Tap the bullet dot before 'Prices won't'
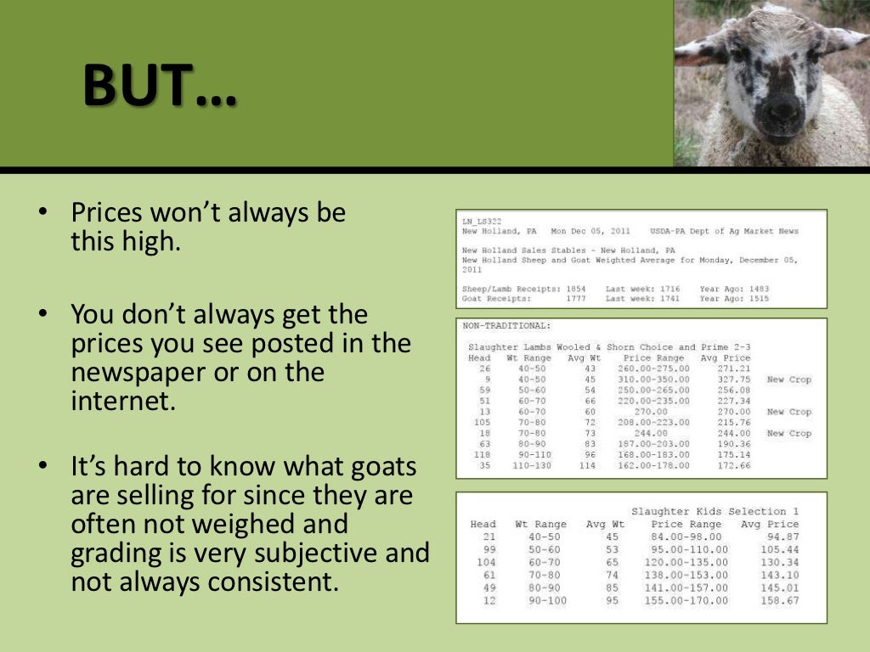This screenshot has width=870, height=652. point(41,213)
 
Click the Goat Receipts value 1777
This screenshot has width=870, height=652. point(574,299)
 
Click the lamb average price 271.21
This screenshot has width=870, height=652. point(733,368)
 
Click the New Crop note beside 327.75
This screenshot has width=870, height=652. point(788,379)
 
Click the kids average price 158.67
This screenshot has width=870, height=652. point(782,600)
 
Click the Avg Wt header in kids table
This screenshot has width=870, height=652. point(605,524)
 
